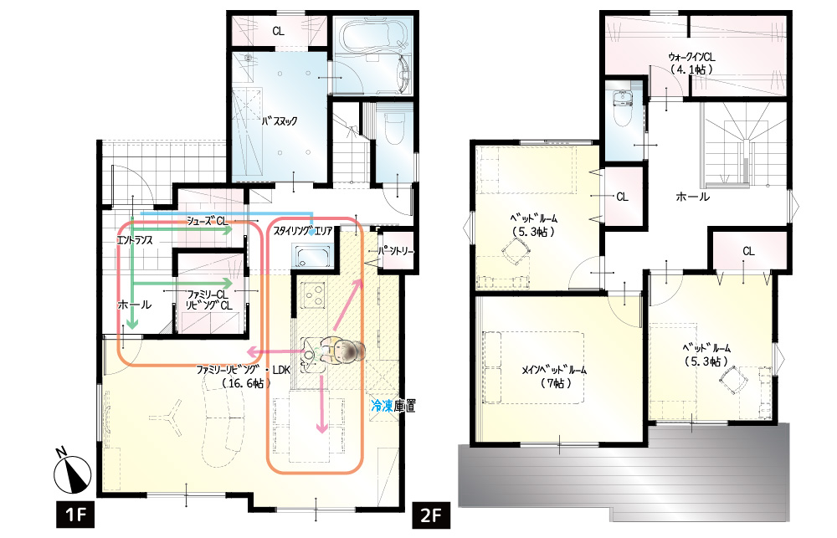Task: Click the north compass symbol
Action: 73,474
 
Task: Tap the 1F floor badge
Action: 75,515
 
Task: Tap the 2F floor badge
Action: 431,515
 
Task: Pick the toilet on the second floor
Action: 622,109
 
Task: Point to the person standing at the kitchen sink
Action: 338,351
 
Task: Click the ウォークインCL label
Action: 691,57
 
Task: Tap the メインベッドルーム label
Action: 554,370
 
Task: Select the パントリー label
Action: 396,251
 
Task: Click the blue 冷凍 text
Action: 383,406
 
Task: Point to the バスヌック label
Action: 280,121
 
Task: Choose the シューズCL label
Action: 207,221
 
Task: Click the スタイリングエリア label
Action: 303,231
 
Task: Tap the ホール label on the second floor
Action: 692,197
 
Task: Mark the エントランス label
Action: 135,240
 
